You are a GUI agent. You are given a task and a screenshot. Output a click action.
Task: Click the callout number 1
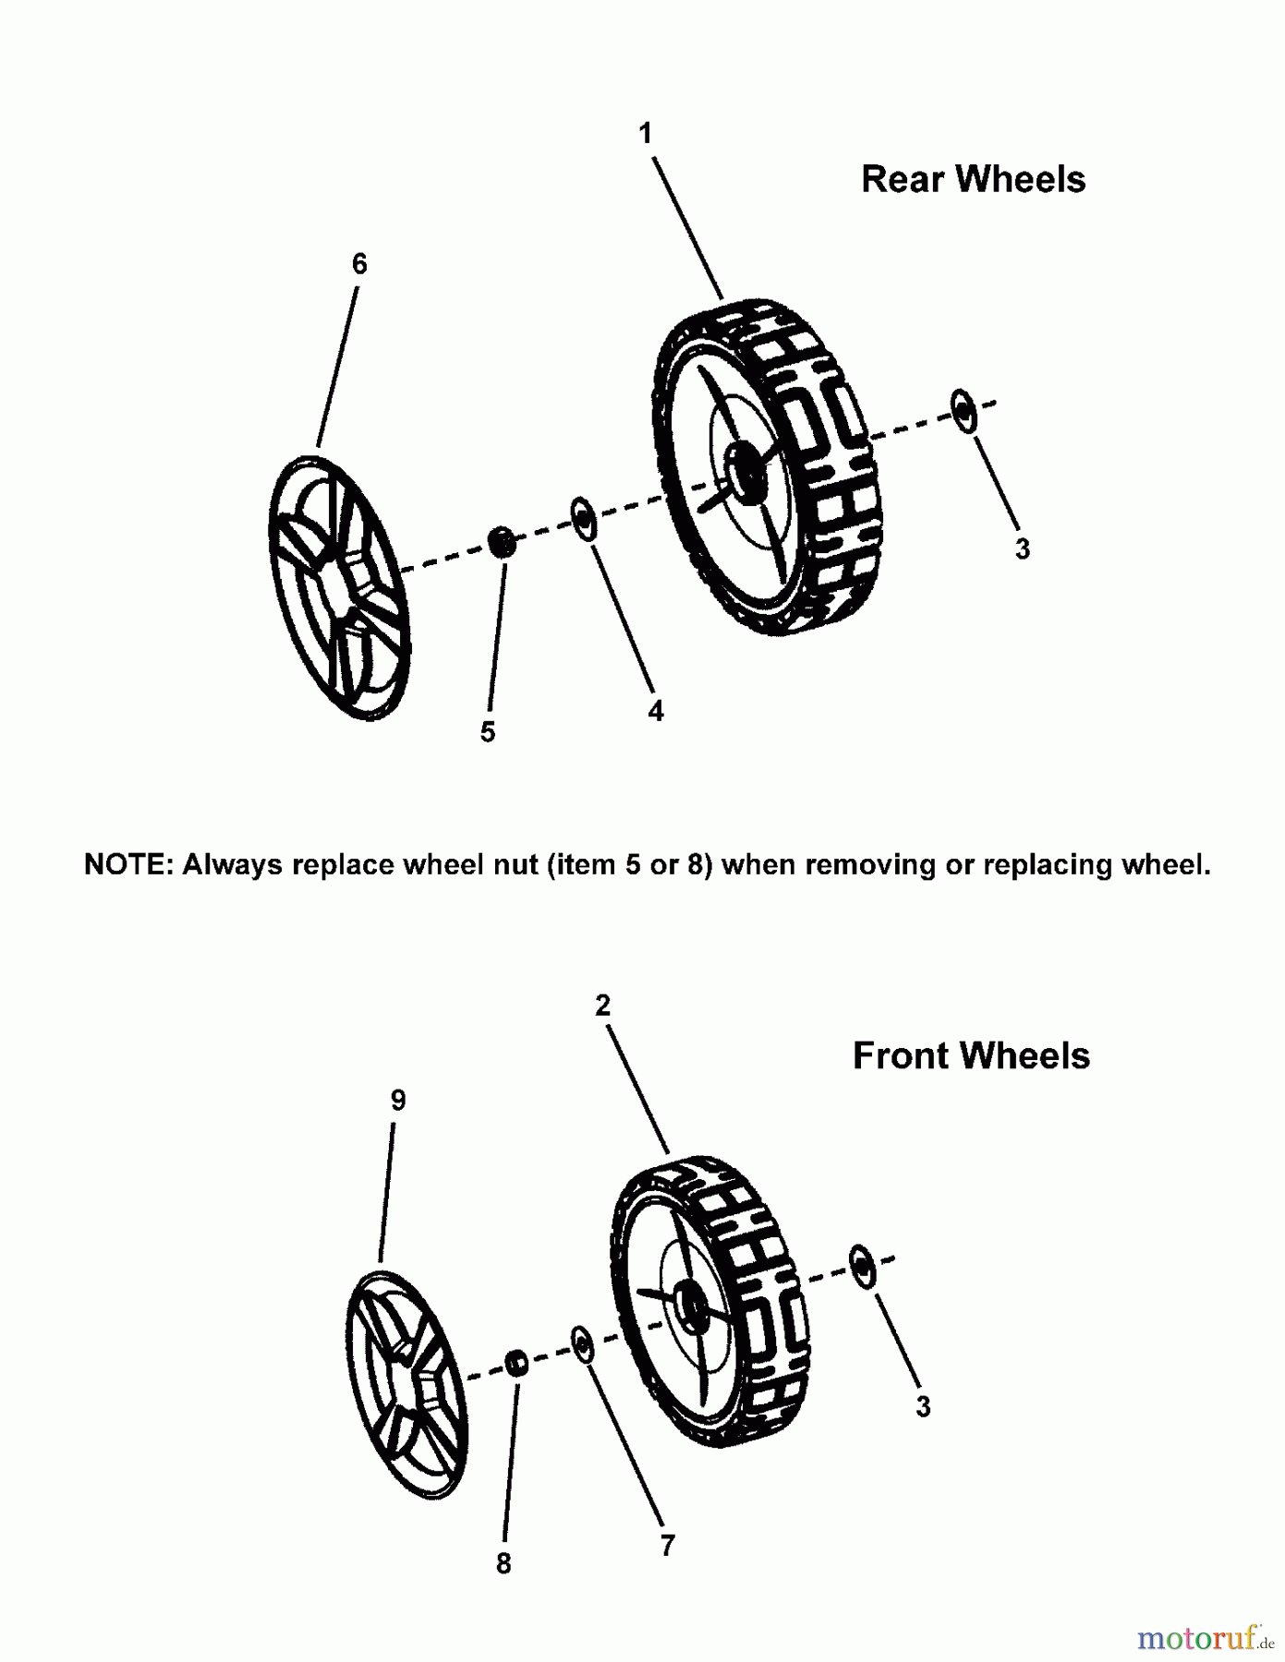tap(646, 135)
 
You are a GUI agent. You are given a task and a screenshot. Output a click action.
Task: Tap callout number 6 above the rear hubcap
tap(359, 264)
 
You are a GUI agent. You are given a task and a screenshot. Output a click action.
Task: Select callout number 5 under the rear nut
tap(488, 732)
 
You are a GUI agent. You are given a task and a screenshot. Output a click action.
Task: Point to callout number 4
tap(655, 710)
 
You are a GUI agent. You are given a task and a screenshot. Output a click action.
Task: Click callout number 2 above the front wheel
tap(602, 1006)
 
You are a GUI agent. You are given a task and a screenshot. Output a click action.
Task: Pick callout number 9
tap(398, 1100)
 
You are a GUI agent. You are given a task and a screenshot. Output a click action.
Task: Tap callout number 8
tap(503, 1563)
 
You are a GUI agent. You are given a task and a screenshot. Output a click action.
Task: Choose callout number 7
tap(667, 1545)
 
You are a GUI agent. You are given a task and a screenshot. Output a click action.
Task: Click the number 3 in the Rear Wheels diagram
tap(1022, 548)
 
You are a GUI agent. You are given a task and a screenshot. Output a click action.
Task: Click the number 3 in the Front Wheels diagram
tap(922, 1406)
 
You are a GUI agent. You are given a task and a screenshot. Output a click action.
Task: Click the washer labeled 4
tap(582, 519)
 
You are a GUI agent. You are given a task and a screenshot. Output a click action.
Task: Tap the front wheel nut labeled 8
tap(516, 1362)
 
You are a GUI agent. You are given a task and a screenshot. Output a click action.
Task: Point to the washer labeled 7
tap(582, 1343)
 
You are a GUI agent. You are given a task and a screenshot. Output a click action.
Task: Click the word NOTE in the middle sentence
tap(129, 864)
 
